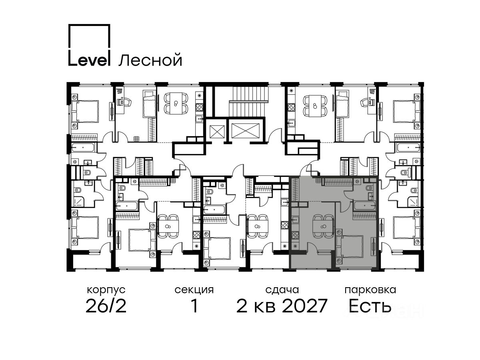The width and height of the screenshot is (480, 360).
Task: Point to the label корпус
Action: click(106, 290)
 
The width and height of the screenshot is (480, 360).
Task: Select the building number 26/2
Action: click(106, 306)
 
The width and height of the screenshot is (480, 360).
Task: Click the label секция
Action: click(194, 290)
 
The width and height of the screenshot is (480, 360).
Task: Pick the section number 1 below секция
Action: click(194, 306)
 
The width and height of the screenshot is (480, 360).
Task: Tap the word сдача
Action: click(282, 290)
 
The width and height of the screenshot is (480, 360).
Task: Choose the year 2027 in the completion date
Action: click(304, 306)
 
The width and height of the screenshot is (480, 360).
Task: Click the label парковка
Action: click(370, 290)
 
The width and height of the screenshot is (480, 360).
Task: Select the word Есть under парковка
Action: click(370, 306)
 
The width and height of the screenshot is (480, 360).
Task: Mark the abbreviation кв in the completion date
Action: click(264, 308)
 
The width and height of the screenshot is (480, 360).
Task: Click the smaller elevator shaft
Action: click(217, 132)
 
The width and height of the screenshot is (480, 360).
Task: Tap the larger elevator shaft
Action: click(245, 131)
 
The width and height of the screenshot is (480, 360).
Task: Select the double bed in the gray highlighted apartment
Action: click(350, 246)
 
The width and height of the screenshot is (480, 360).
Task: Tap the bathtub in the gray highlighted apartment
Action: click(364, 206)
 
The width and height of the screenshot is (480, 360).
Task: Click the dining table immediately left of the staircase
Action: click(176, 103)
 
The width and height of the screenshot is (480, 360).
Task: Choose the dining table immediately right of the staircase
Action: click(315, 106)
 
